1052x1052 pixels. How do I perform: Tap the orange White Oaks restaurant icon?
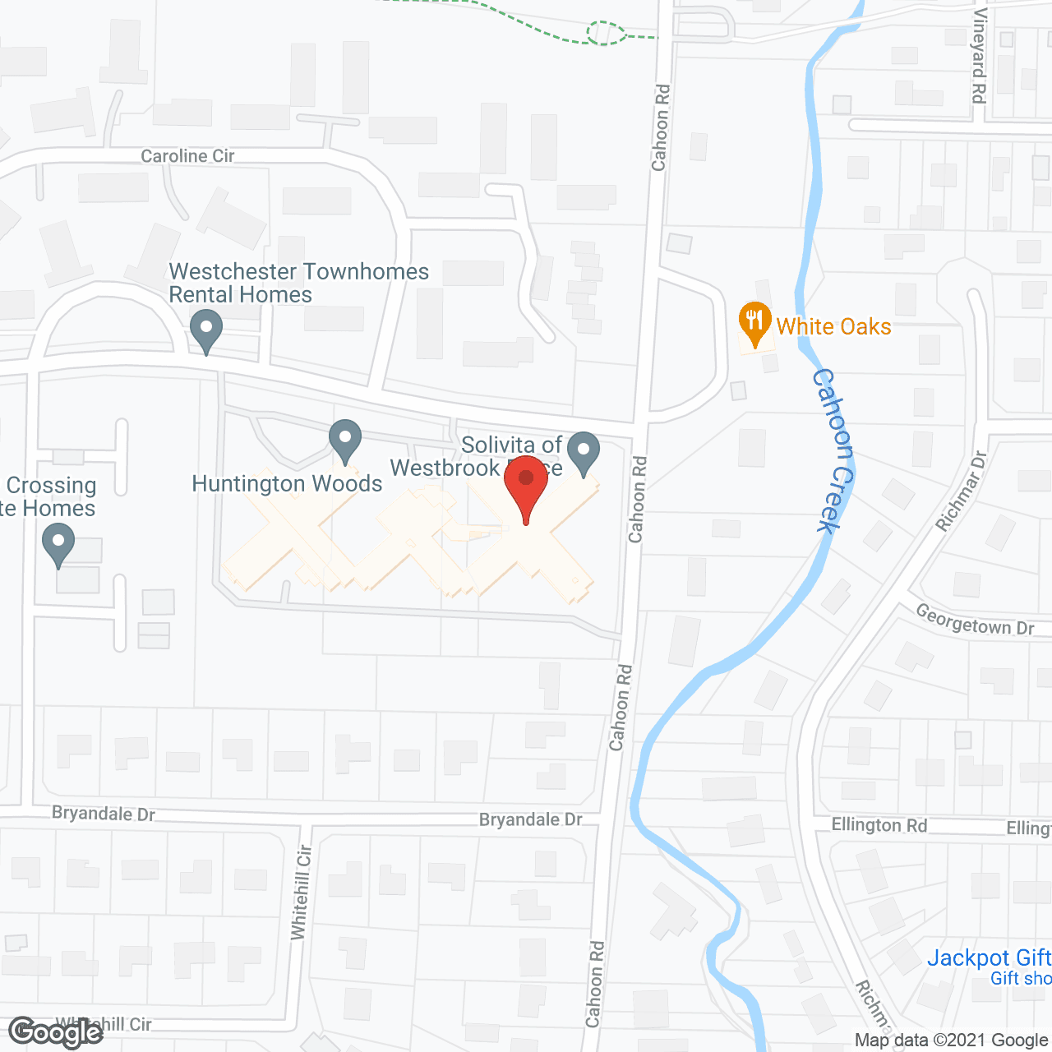[x=754, y=323]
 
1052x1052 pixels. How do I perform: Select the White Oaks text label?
[x=833, y=327]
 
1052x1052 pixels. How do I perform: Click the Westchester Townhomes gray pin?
[x=205, y=330]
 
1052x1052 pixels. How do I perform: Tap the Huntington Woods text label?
[x=287, y=483]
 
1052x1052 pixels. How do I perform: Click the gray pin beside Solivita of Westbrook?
[x=584, y=453]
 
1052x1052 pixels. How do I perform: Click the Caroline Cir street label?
[x=187, y=156]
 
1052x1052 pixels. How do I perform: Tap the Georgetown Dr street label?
[x=975, y=620]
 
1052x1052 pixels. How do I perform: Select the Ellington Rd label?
[x=879, y=825]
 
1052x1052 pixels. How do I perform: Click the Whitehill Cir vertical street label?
[x=302, y=893]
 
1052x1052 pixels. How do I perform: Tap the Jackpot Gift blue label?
[x=989, y=958]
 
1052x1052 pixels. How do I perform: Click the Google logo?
[x=55, y=1032]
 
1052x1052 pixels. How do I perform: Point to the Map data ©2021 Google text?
[x=951, y=1040]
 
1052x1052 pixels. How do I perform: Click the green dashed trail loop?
[x=606, y=33]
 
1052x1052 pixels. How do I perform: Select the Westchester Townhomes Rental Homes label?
[x=298, y=283]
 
